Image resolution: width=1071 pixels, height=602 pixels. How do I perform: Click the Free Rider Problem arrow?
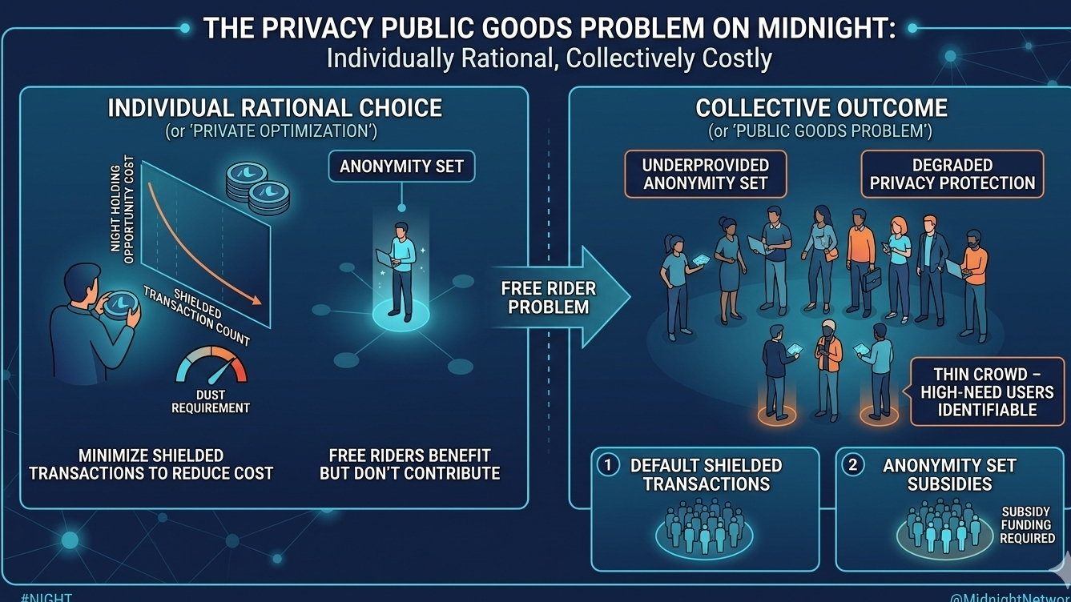click(553, 298)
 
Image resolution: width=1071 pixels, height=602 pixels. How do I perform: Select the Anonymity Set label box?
click(401, 167)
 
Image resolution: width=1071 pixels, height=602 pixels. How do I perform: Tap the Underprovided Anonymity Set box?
click(705, 174)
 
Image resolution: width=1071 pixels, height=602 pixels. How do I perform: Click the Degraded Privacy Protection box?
click(952, 174)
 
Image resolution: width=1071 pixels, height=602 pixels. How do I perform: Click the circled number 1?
click(608, 465)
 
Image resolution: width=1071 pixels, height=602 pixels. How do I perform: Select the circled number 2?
click(852, 465)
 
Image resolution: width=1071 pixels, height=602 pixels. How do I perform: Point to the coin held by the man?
click(122, 303)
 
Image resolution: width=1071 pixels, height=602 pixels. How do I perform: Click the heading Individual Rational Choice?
click(275, 108)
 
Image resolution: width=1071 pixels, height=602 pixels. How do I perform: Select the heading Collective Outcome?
click(821, 108)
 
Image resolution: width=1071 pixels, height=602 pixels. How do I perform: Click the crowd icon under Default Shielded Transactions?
click(704, 528)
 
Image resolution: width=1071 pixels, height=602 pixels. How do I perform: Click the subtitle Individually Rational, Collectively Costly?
click(549, 58)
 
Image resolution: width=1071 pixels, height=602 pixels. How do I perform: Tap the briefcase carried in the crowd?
click(872, 278)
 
